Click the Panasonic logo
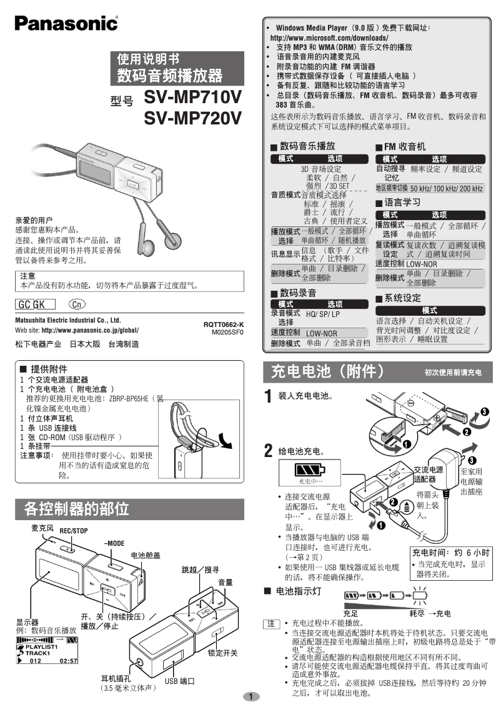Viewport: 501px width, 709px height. click(66, 24)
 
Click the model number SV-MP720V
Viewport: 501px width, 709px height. click(192, 118)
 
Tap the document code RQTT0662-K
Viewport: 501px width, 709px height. click(223, 324)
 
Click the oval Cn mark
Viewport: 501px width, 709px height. click(76, 304)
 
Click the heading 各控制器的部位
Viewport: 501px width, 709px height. click(77, 508)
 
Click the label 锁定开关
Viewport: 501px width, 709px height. click(223, 653)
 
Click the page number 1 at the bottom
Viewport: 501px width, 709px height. click(250, 696)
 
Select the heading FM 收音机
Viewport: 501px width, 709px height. click(400, 146)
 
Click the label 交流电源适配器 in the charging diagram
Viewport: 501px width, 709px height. click(428, 474)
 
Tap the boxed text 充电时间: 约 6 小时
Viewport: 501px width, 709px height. click(450, 553)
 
